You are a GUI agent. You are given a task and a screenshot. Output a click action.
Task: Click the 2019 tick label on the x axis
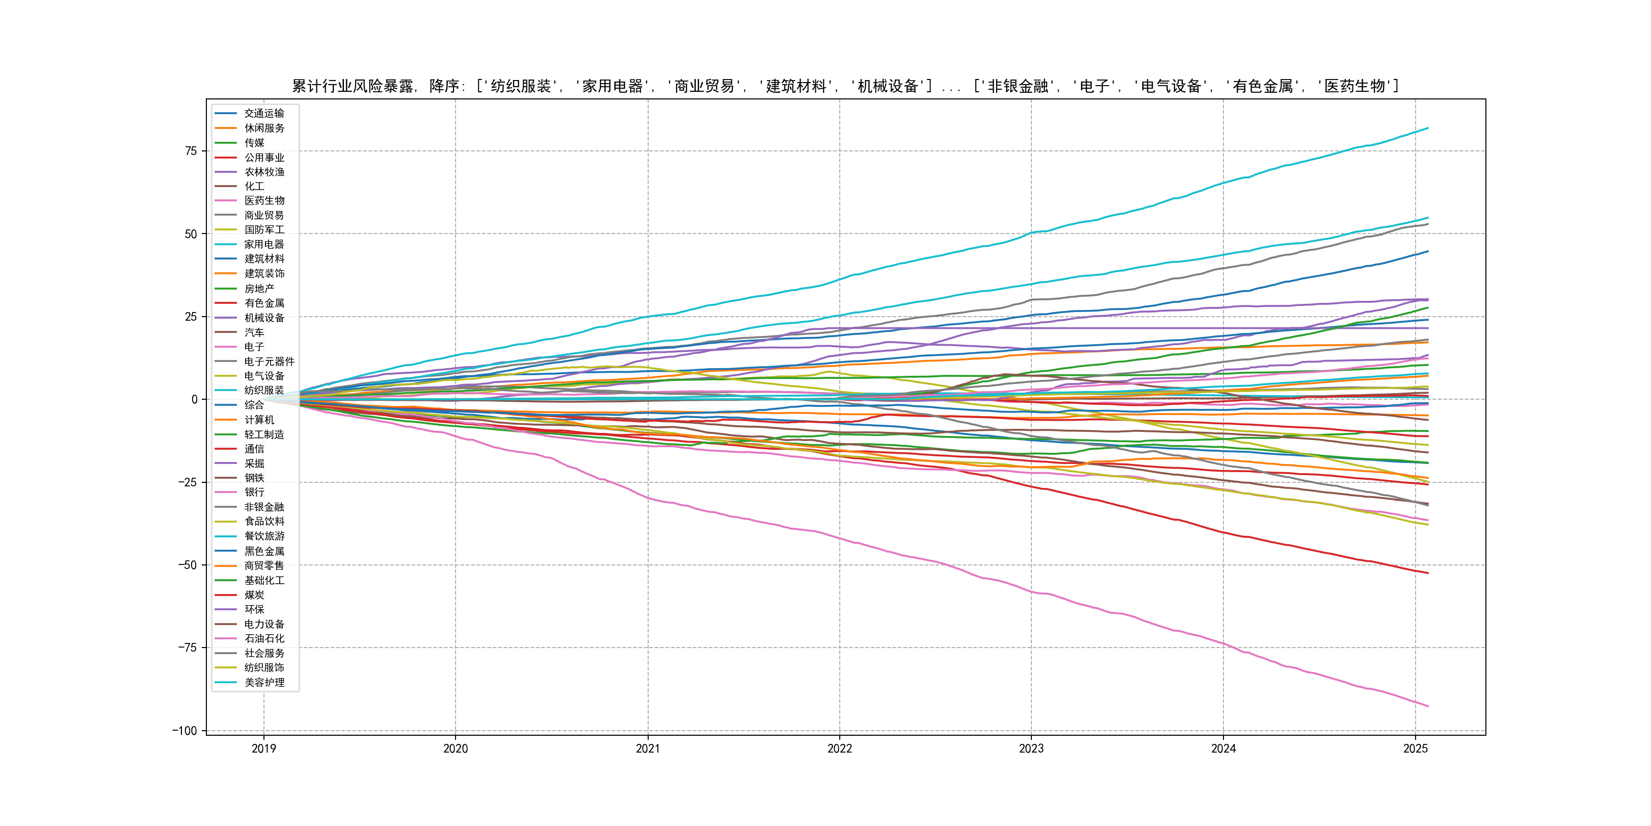click(263, 748)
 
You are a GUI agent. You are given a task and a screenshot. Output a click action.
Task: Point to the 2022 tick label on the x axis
click(840, 748)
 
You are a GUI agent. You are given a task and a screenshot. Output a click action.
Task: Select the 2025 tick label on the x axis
click(1415, 748)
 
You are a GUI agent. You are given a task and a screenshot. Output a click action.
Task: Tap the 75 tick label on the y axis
click(191, 151)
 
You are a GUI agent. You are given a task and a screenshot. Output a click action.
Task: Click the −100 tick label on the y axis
click(184, 731)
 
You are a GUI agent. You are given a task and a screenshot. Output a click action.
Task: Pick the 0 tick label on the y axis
click(194, 400)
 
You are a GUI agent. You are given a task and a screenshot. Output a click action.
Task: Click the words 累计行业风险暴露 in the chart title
click(353, 86)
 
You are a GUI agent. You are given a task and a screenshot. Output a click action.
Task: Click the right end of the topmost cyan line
click(1427, 128)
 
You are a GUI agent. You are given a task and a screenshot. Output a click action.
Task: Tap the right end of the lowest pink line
click(1427, 706)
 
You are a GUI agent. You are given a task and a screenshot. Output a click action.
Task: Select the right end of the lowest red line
click(1427, 573)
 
